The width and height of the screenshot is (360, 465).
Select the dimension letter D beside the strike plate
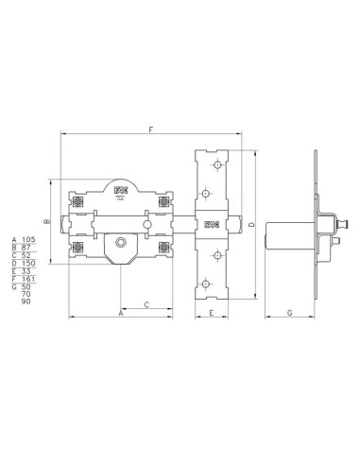click(250, 224)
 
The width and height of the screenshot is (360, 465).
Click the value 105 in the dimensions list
click(28, 240)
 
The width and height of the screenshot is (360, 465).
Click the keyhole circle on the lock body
click(120, 245)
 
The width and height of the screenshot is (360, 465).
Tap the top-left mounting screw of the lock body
click(79, 201)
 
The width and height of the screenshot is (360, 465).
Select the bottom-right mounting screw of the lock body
click(164, 249)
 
